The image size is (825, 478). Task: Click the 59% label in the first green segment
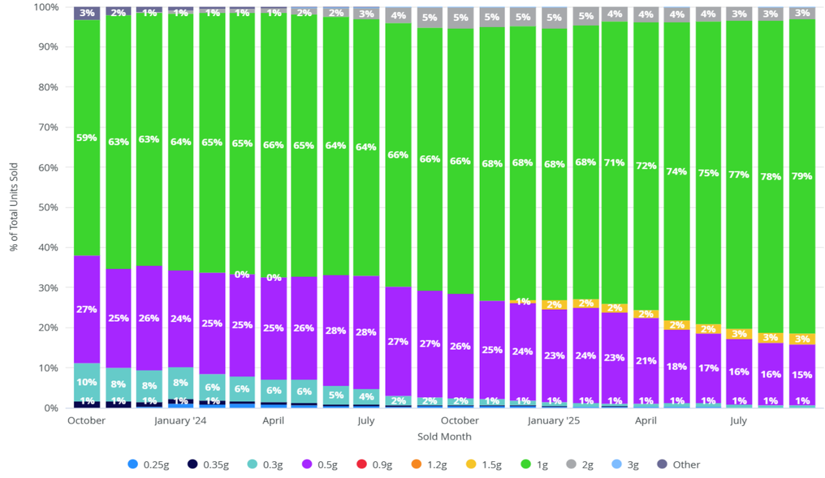86,137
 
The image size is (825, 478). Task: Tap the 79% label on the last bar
802,176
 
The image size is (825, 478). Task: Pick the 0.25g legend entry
150,464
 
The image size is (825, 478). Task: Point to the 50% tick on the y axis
50,207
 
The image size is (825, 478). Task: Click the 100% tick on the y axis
48,7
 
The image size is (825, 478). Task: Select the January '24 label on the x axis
180,421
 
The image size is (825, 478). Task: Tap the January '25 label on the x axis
554,421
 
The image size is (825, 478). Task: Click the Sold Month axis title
444,437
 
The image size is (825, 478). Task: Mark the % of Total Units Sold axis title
14,207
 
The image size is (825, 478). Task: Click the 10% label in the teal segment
86,382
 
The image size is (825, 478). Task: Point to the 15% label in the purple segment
802,375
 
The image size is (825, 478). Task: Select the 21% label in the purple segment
646,360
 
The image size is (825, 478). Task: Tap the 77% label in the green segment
739,174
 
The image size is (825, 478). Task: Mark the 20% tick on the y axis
50,328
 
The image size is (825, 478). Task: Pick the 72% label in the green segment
646,166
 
